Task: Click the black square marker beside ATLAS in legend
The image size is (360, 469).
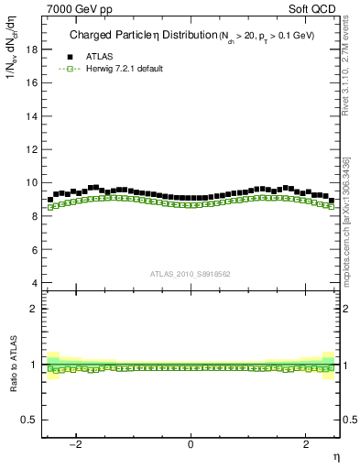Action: click(x=64, y=55)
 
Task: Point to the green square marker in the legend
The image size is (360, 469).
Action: click(x=64, y=69)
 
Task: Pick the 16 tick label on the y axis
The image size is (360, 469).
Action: click(x=31, y=82)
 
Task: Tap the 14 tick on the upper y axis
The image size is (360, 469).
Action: click(x=31, y=116)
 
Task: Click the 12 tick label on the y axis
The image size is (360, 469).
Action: click(x=31, y=149)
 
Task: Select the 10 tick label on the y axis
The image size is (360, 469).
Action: click(x=31, y=182)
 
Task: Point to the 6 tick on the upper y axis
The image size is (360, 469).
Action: click(x=34, y=249)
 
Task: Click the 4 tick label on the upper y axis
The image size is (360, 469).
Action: click(x=34, y=283)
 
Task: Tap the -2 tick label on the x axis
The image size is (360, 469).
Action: click(x=78, y=444)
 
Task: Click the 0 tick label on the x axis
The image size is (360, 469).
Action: click(x=191, y=444)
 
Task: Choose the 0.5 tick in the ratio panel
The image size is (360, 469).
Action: click(x=29, y=420)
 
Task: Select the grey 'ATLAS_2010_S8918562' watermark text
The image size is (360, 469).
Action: click(x=191, y=273)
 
